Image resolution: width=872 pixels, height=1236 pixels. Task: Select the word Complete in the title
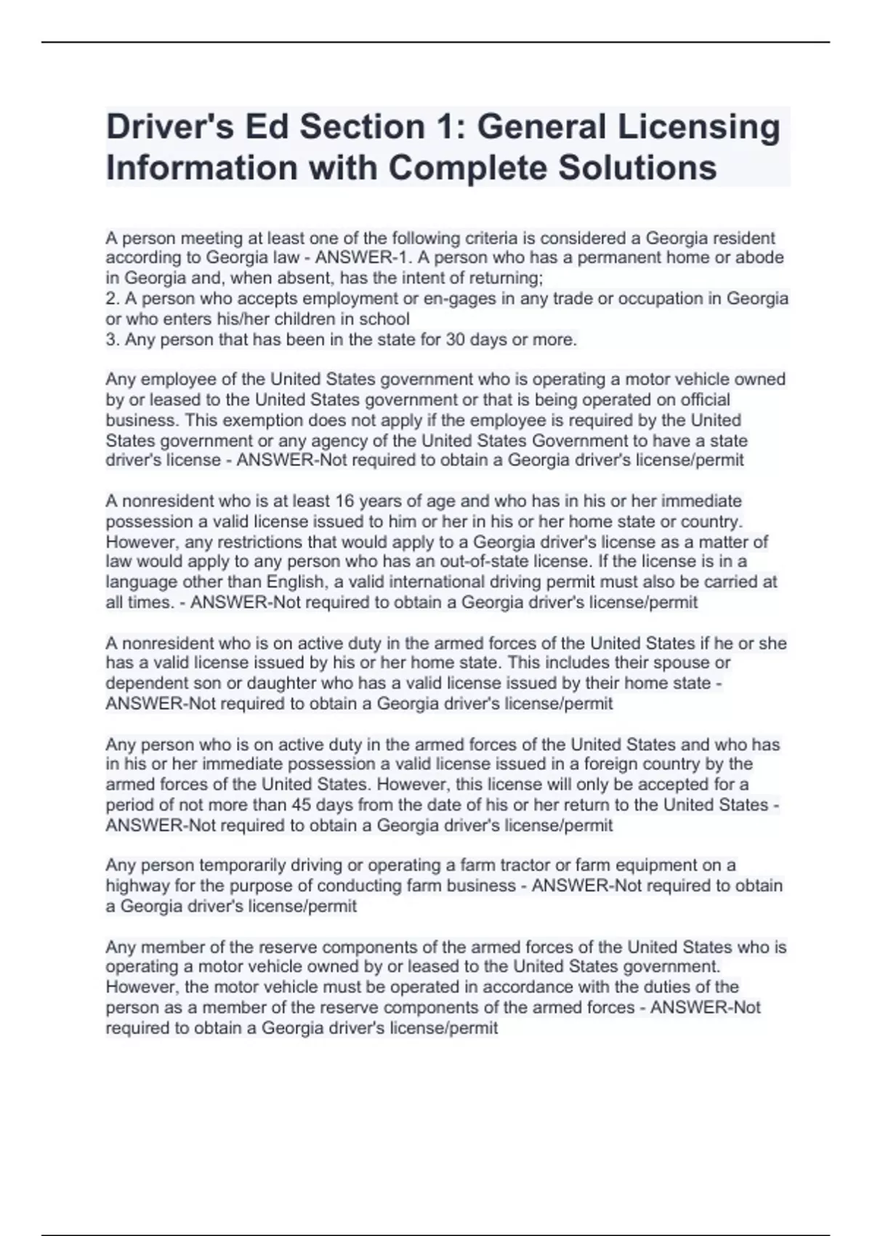pyautogui.click(x=468, y=168)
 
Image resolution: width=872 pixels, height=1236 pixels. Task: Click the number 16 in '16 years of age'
pyautogui.click(x=343, y=501)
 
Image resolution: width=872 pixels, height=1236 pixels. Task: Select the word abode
pyautogui.click(x=759, y=257)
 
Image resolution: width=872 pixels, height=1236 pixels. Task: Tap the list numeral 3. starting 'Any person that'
pyautogui.click(x=113, y=340)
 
